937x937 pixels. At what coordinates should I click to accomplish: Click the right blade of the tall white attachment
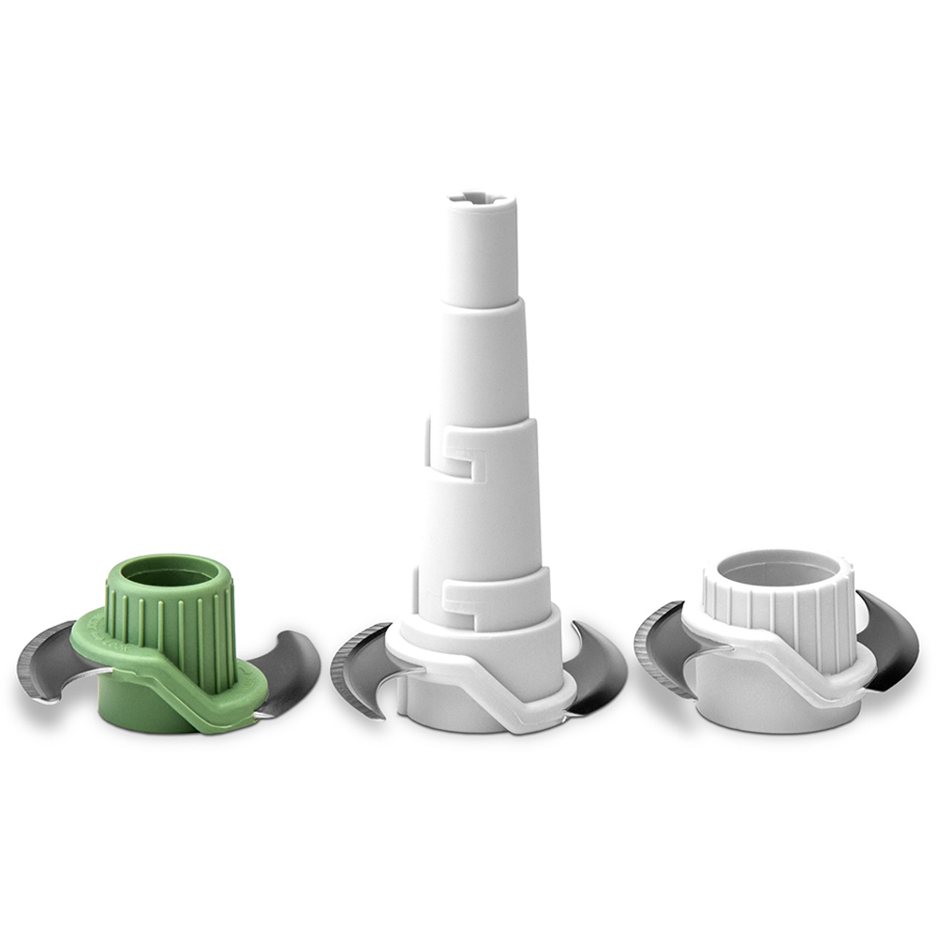point(600,665)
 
